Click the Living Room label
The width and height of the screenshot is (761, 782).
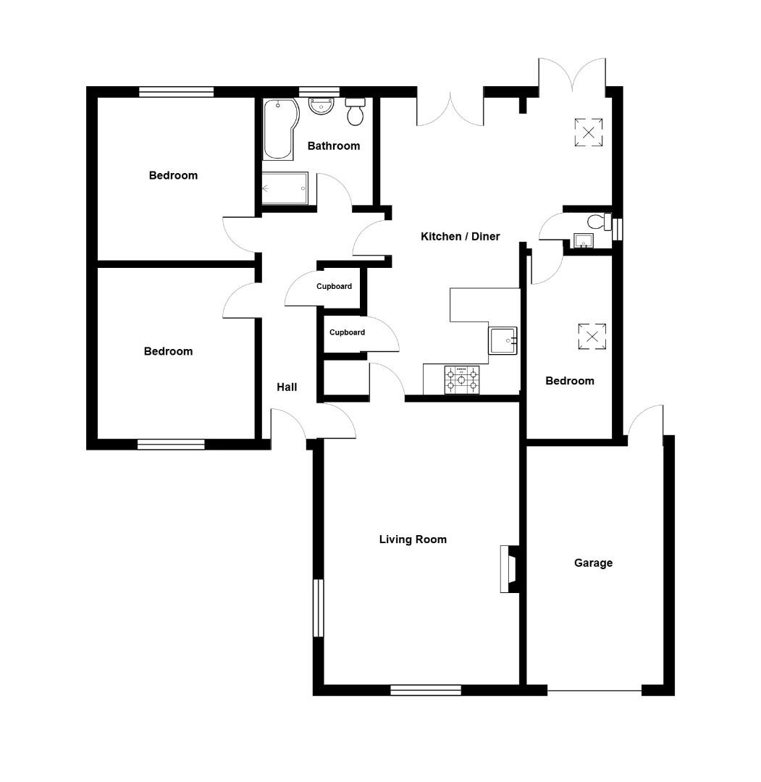(x=413, y=539)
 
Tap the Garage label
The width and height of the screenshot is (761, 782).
(x=593, y=563)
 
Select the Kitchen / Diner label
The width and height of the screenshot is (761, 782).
(x=461, y=237)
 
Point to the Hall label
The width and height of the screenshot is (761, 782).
(x=287, y=387)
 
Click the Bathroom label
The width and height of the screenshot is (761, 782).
(x=334, y=146)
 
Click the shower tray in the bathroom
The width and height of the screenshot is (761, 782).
(x=285, y=189)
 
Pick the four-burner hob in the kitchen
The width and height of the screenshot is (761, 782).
(x=462, y=379)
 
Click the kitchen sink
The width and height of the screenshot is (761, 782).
(x=503, y=340)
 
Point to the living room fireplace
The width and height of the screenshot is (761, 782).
(x=509, y=569)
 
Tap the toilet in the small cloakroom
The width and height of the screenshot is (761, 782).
(x=598, y=222)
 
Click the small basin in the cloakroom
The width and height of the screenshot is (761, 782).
(x=581, y=240)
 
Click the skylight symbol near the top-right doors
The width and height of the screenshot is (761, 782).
(x=589, y=133)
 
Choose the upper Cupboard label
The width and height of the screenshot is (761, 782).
(x=334, y=287)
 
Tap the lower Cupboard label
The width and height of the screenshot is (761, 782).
(x=347, y=333)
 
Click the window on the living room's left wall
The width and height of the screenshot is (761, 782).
(x=318, y=607)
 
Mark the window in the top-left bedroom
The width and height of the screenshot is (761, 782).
(x=177, y=92)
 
